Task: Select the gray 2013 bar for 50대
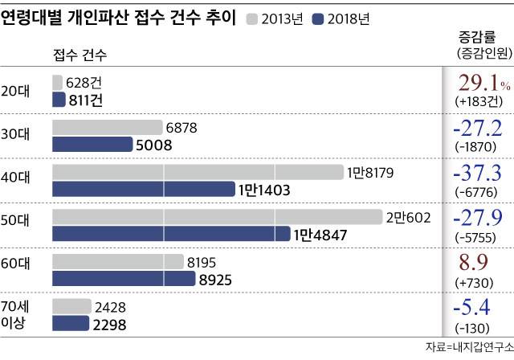[216, 217]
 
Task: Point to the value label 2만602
[408, 217]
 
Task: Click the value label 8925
[218, 279]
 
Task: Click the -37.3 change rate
[479, 172]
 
